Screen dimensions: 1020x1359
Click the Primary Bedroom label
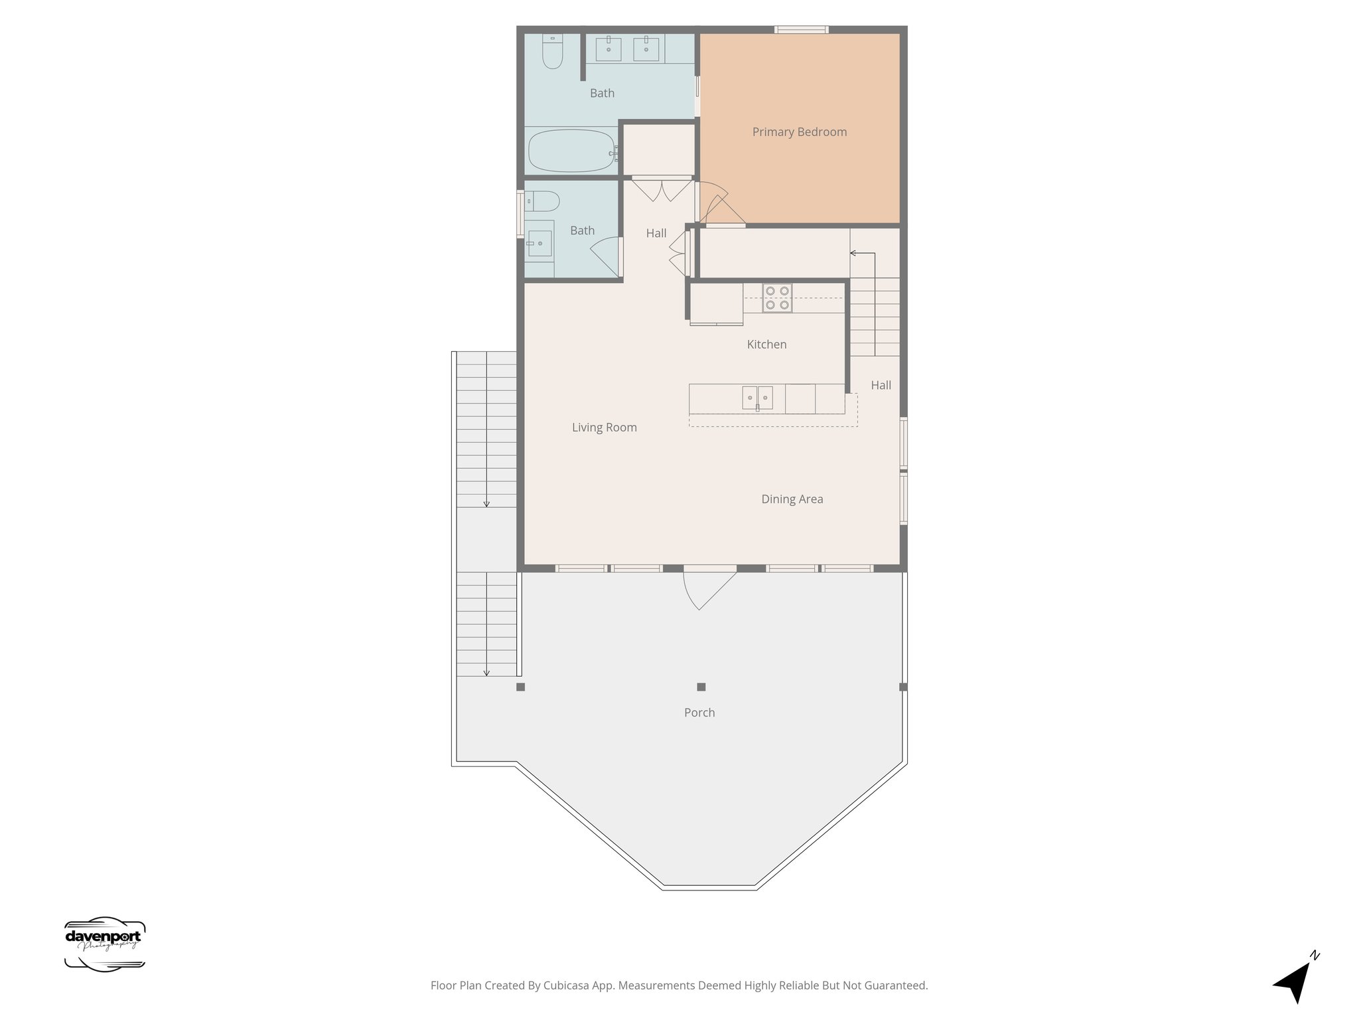[799, 132]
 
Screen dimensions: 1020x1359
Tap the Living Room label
[604, 428]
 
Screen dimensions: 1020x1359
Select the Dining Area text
[792, 499]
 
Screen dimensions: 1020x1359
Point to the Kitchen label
[766, 345]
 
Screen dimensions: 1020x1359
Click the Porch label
[699, 713]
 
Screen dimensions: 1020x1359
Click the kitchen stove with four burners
[777, 298]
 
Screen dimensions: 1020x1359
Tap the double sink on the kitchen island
[757, 398]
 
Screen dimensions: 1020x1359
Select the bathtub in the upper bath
[571, 151]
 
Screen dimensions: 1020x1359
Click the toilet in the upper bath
[552, 52]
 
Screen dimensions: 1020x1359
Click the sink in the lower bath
[539, 243]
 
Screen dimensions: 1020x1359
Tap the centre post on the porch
[701, 687]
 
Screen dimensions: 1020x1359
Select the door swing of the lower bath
[606, 256]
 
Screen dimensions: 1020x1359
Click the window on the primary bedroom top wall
[801, 29]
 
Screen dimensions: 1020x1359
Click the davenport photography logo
[104, 944]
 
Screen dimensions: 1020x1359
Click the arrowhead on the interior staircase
[853, 253]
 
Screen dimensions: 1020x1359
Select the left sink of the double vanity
[608, 48]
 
